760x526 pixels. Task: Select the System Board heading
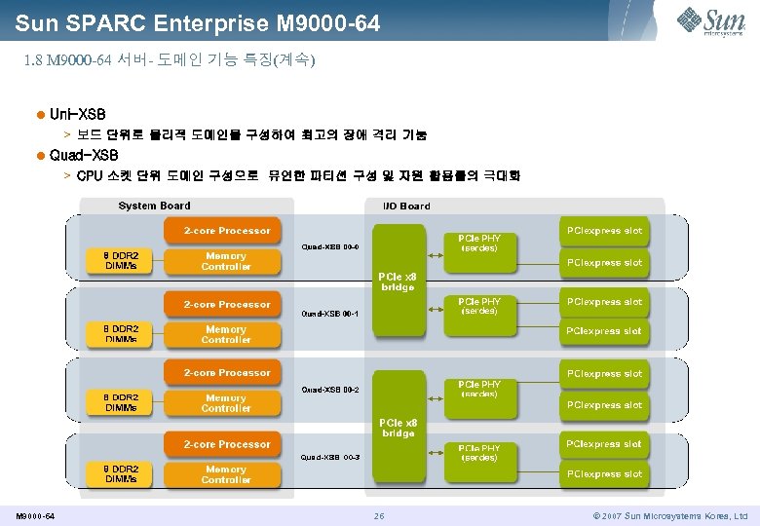[x=154, y=206]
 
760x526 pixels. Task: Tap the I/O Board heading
[x=399, y=206]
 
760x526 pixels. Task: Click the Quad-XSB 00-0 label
[x=330, y=246]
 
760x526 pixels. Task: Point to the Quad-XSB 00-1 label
[x=330, y=314]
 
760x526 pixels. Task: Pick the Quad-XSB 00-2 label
[x=330, y=390]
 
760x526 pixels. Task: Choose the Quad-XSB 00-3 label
[x=330, y=457]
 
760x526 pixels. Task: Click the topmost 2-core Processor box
[x=227, y=231]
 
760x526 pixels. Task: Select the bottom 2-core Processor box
[x=227, y=444]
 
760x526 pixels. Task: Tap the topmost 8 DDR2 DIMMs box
[x=121, y=260]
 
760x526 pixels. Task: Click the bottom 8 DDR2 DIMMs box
[x=121, y=474]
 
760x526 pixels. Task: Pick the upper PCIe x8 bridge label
[x=397, y=282]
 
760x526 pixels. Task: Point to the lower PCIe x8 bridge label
[x=397, y=428]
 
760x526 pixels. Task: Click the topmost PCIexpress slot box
[x=604, y=231]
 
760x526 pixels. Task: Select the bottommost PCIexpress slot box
[x=604, y=474]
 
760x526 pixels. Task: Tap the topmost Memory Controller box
[x=226, y=261]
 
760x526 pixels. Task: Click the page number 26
[x=379, y=515]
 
